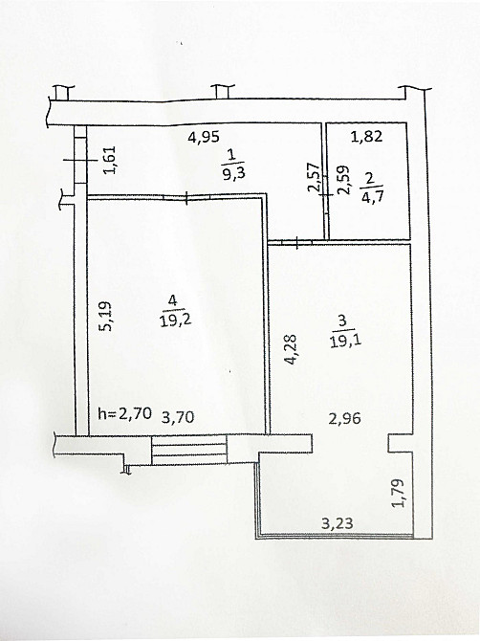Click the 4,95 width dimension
[204, 137]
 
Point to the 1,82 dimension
[366, 137]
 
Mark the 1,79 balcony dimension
[400, 493]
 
